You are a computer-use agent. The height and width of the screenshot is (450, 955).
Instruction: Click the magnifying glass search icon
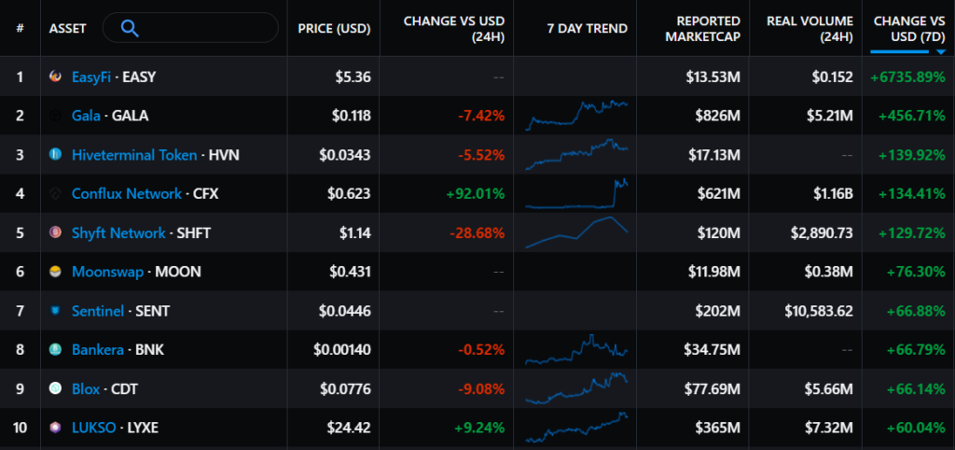(131, 28)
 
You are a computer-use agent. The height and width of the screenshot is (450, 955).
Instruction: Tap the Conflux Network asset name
(126, 193)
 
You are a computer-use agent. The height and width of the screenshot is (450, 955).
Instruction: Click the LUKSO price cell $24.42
(351, 428)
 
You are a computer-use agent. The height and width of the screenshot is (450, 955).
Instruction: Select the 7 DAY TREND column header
(587, 28)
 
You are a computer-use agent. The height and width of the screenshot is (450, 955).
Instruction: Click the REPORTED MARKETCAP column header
(708, 28)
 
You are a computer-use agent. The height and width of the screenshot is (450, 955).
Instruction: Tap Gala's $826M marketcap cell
(717, 116)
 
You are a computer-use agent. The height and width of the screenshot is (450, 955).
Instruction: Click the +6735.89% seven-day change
(906, 77)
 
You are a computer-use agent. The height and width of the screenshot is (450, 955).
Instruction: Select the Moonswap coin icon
(56, 272)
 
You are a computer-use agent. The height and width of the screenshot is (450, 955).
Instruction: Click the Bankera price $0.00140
(342, 350)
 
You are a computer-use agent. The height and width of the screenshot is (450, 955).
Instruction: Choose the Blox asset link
(87, 388)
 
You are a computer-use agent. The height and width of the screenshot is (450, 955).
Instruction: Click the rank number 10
(20, 428)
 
